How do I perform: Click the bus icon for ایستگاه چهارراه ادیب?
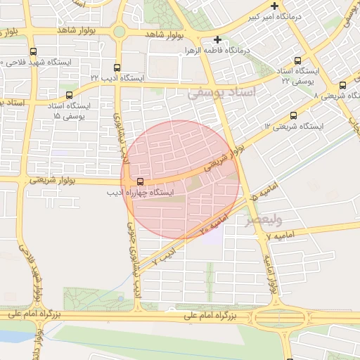(139, 181)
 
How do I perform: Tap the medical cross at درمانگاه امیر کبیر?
(274, 5)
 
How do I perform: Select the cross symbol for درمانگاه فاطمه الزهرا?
(218, 39)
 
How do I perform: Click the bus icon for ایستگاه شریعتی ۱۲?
(293, 115)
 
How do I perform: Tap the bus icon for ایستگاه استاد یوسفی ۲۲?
(297, 60)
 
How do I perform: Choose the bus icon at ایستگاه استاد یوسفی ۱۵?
(69, 94)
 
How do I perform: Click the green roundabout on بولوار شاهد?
(120, 32)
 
